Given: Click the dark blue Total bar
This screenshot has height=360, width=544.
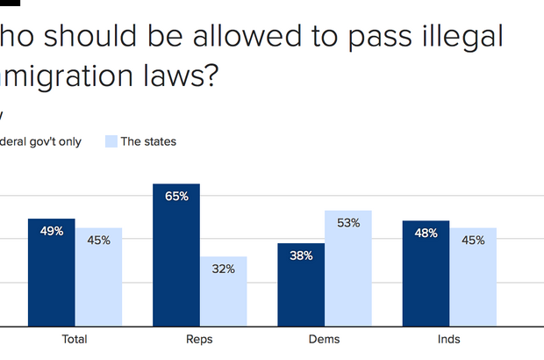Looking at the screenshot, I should pyautogui.click(x=51, y=272).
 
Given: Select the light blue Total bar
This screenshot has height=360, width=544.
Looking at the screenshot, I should pyautogui.click(x=98, y=277).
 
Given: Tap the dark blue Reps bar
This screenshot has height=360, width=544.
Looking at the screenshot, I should pyautogui.click(x=176, y=255).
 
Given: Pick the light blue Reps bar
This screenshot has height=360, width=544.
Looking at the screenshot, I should pyautogui.click(x=223, y=292).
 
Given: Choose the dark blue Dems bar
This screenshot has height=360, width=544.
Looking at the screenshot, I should pyautogui.click(x=301, y=284).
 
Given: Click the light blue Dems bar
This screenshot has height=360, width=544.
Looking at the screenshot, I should pyautogui.click(x=348, y=268).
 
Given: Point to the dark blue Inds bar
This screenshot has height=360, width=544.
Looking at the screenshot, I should pyautogui.click(x=426, y=273).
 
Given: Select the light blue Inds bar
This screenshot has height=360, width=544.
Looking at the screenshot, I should pyautogui.click(x=474, y=277).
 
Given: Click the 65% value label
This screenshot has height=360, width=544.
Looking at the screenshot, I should pyautogui.click(x=176, y=196).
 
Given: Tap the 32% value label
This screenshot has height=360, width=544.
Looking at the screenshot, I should pyautogui.click(x=223, y=269).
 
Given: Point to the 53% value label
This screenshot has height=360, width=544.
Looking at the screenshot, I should pyautogui.click(x=348, y=223).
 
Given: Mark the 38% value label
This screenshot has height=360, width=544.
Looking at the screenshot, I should pyautogui.click(x=301, y=256).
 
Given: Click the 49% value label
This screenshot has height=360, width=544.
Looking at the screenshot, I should pyautogui.click(x=51, y=231).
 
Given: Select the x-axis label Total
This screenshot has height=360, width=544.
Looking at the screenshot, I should pyautogui.click(x=75, y=339).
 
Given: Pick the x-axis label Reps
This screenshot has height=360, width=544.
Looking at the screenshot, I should pyautogui.click(x=200, y=339).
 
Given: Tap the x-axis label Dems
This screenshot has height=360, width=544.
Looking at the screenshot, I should pyautogui.click(x=325, y=339).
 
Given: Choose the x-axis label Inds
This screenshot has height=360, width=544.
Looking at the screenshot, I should pyautogui.click(x=450, y=339).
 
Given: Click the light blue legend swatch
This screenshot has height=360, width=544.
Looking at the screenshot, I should pyautogui.click(x=111, y=141).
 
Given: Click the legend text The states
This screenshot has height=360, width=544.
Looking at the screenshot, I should pyautogui.click(x=148, y=141).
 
